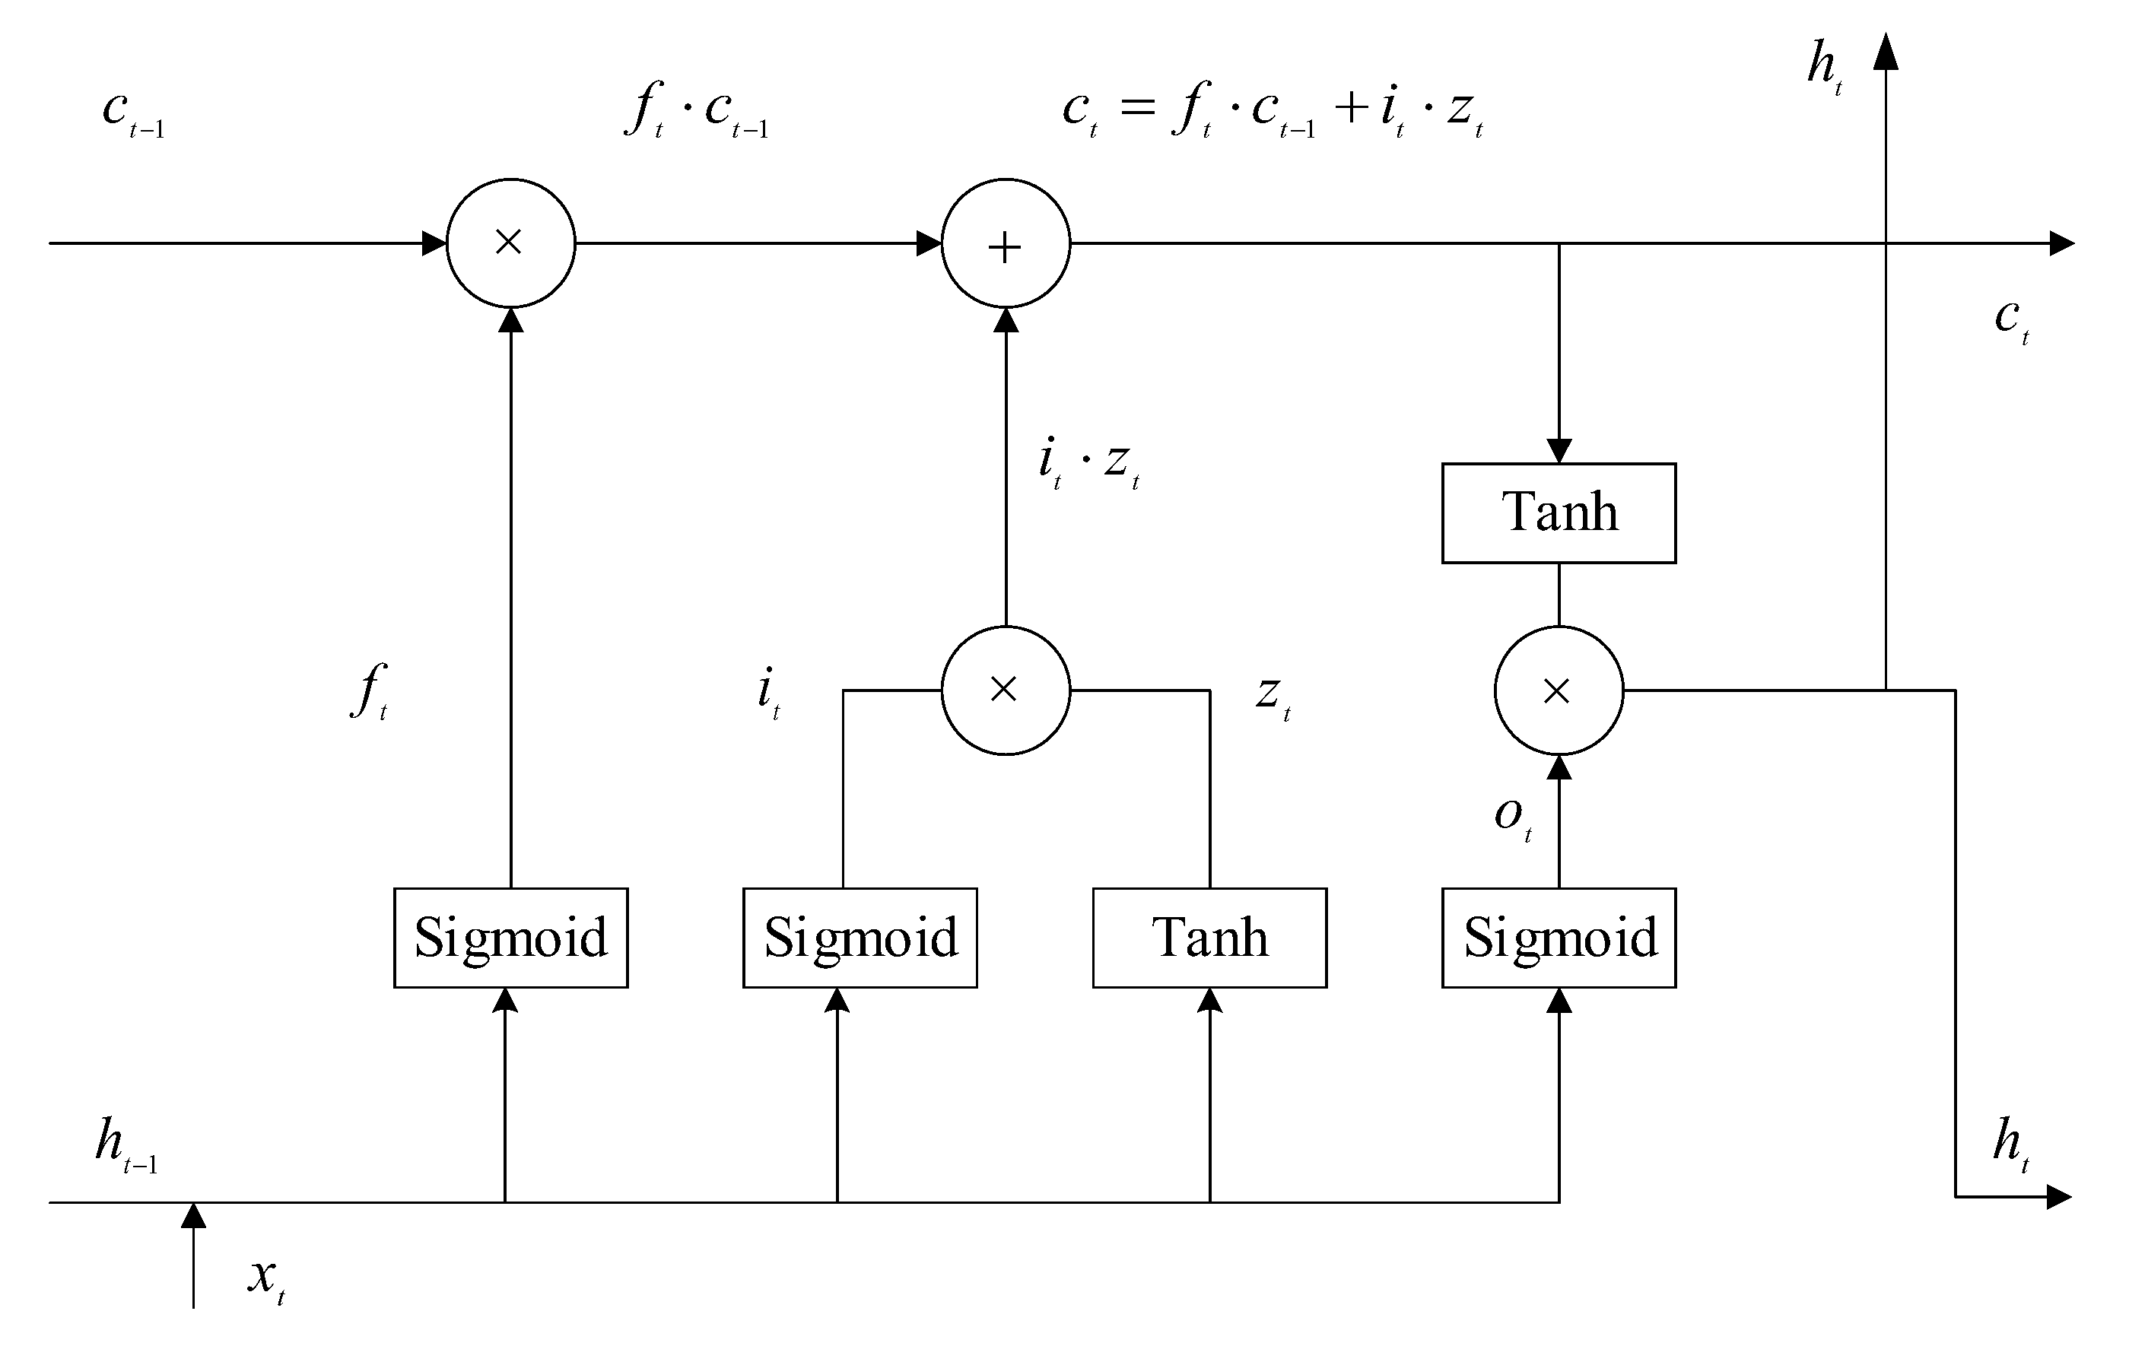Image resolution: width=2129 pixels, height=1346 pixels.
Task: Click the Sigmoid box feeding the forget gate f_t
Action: tap(510, 938)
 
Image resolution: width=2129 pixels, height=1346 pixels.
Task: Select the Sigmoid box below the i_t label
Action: tap(860, 938)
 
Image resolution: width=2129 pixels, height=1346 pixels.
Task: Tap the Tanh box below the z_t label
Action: tap(1209, 938)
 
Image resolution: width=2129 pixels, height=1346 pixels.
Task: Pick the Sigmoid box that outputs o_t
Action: tap(1558, 938)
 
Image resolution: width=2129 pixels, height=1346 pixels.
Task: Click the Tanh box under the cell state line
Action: tap(1558, 513)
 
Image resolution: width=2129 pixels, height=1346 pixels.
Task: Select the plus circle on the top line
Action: tap(1006, 243)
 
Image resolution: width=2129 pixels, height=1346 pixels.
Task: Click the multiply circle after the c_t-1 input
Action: tap(510, 243)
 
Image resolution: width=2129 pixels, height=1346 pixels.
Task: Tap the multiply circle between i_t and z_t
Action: tap(1006, 690)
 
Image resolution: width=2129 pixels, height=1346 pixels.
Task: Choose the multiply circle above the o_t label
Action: tap(1558, 690)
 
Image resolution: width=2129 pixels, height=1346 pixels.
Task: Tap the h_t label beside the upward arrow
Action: tap(1824, 67)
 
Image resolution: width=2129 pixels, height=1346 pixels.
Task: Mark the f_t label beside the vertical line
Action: tap(370, 691)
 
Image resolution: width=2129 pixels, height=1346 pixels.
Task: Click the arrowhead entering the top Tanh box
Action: tap(1558, 451)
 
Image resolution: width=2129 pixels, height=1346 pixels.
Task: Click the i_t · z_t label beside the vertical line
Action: tap(1088, 464)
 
